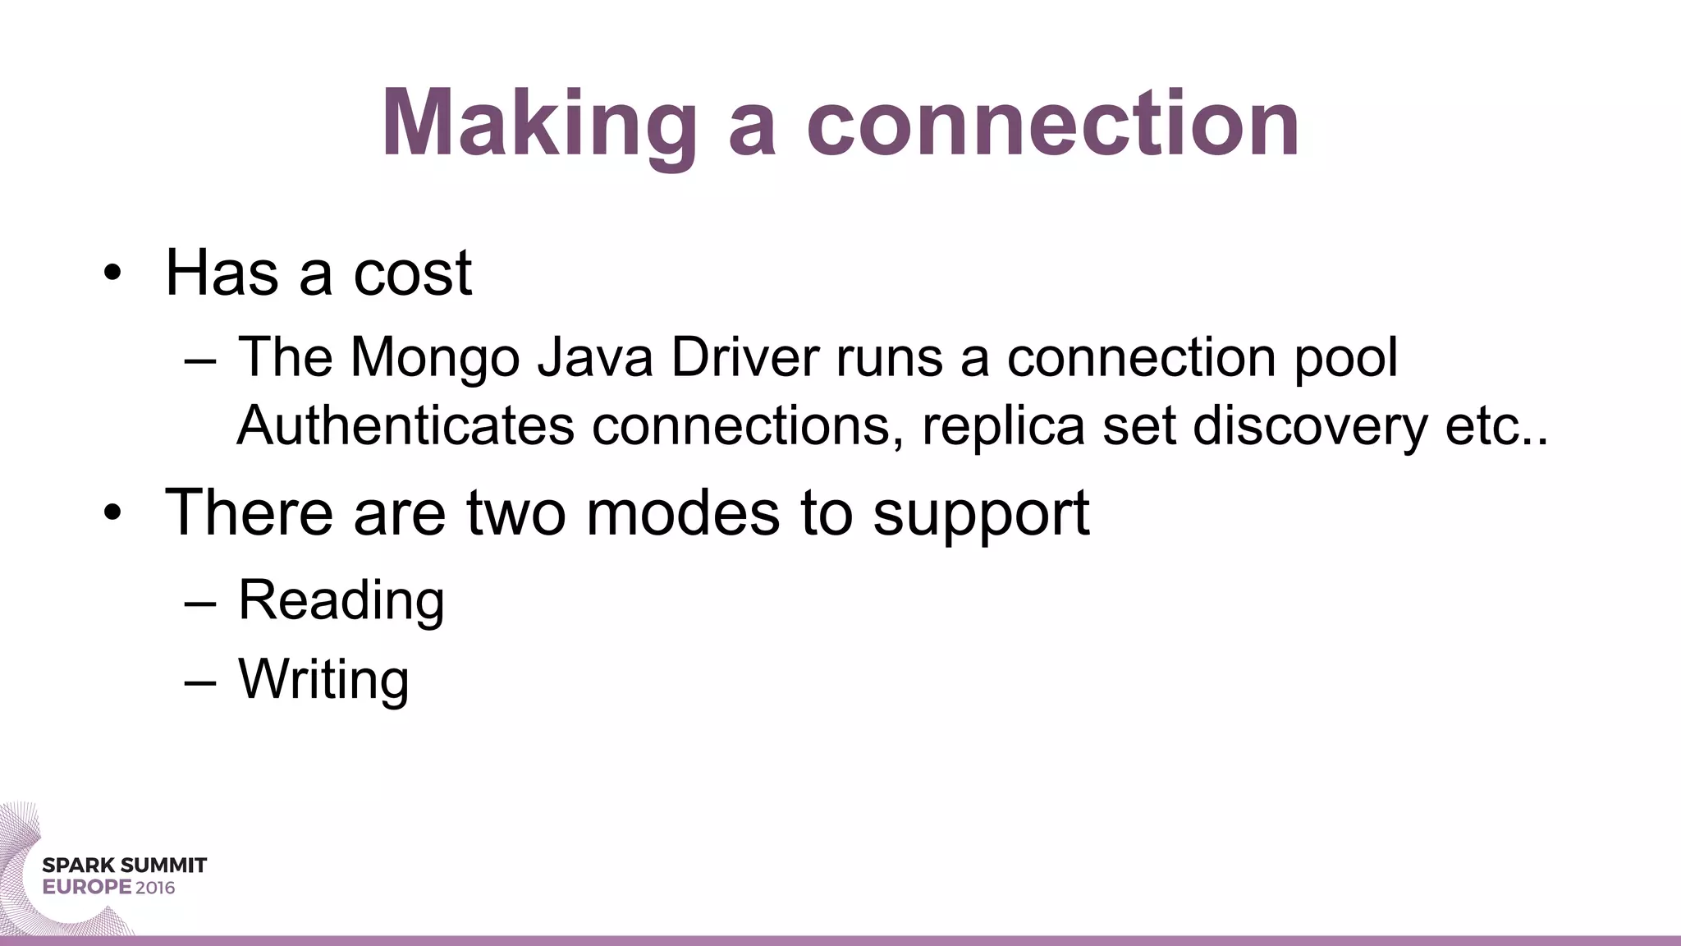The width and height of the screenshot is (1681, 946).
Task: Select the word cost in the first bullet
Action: click(412, 273)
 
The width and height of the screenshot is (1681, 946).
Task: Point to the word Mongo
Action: click(435, 358)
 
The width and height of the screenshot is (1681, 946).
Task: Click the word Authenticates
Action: click(405, 425)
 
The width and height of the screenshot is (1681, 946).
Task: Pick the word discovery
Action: click(1310, 425)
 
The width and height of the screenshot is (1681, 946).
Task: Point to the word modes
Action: click(683, 513)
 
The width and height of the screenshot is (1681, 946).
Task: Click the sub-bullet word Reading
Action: click(341, 600)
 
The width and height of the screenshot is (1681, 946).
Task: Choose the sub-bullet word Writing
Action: click(323, 680)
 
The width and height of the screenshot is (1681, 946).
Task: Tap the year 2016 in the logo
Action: click(155, 888)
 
